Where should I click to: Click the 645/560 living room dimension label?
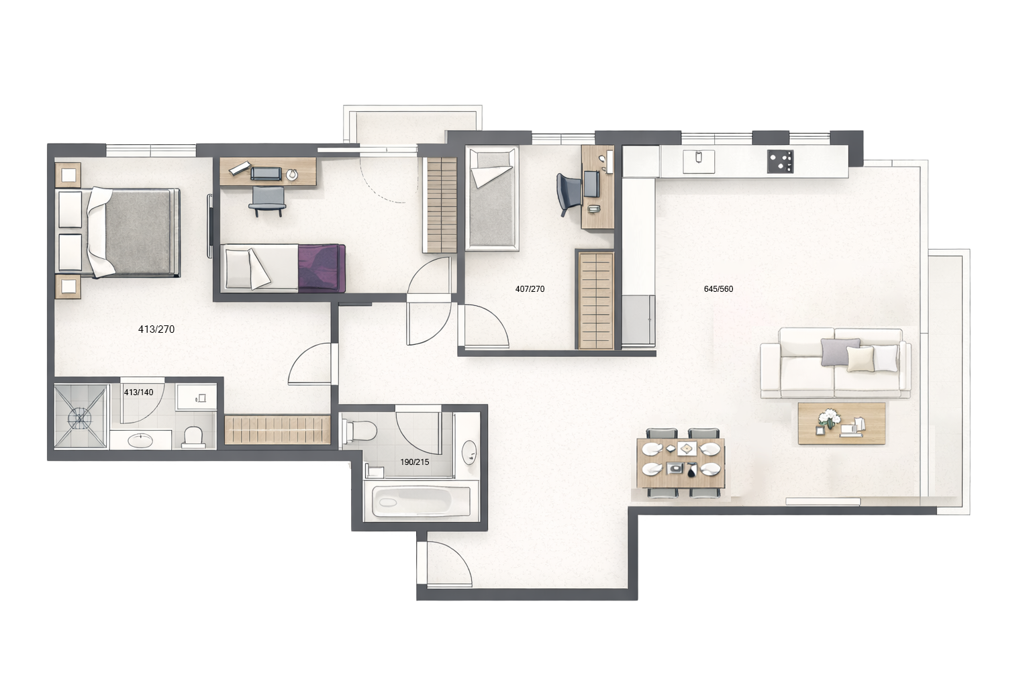click(x=718, y=289)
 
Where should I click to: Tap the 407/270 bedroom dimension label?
click(x=530, y=289)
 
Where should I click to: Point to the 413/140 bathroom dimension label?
click(x=138, y=392)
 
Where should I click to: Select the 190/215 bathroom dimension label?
click(x=415, y=462)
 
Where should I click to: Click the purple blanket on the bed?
click(x=322, y=268)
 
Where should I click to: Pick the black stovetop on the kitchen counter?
click(x=780, y=162)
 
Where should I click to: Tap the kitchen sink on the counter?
click(x=699, y=162)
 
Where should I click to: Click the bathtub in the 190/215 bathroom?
click(x=421, y=501)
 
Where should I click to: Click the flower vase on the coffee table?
click(x=829, y=418)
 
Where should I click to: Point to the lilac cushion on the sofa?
click(x=840, y=352)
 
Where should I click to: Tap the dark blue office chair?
click(x=569, y=194)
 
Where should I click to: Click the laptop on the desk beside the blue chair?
click(x=591, y=184)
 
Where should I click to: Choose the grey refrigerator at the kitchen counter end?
click(x=638, y=320)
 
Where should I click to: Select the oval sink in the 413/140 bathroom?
click(x=140, y=441)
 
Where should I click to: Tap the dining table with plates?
click(x=681, y=462)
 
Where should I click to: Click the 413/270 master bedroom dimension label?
click(x=156, y=329)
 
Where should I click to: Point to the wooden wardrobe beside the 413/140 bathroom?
click(x=277, y=430)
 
